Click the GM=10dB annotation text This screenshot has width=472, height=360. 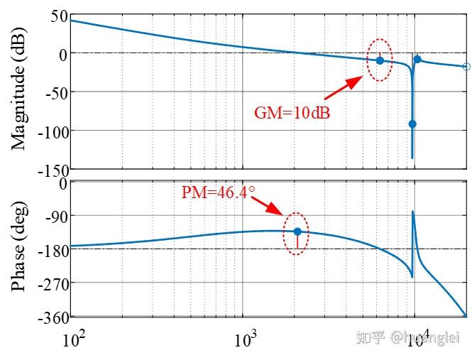point(292,112)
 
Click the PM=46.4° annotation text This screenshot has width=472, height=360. point(218,192)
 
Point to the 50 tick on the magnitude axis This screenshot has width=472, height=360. point(58,16)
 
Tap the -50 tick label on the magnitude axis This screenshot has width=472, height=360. point(54,92)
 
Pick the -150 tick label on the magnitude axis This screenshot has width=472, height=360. point(50,170)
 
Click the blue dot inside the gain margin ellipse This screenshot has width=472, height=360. point(380,60)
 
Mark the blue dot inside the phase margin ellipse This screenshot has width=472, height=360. point(297,231)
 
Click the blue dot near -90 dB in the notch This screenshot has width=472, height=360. point(412,124)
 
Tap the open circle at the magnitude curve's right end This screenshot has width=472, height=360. point(466,67)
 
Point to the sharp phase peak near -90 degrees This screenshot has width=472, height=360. point(413,212)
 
